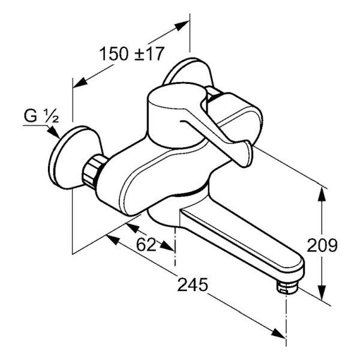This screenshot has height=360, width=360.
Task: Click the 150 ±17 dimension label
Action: click(132, 54)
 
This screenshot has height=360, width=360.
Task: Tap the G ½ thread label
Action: click(41, 116)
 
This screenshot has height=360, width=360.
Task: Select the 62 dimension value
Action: click(146, 244)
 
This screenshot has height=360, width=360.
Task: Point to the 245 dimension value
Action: click(193, 284)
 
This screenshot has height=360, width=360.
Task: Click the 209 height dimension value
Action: click(322, 245)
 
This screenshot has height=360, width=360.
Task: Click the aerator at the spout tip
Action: click(287, 287)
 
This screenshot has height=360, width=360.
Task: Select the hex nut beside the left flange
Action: click(93, 170)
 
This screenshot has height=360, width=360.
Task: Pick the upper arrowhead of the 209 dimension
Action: click(322, 196)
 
